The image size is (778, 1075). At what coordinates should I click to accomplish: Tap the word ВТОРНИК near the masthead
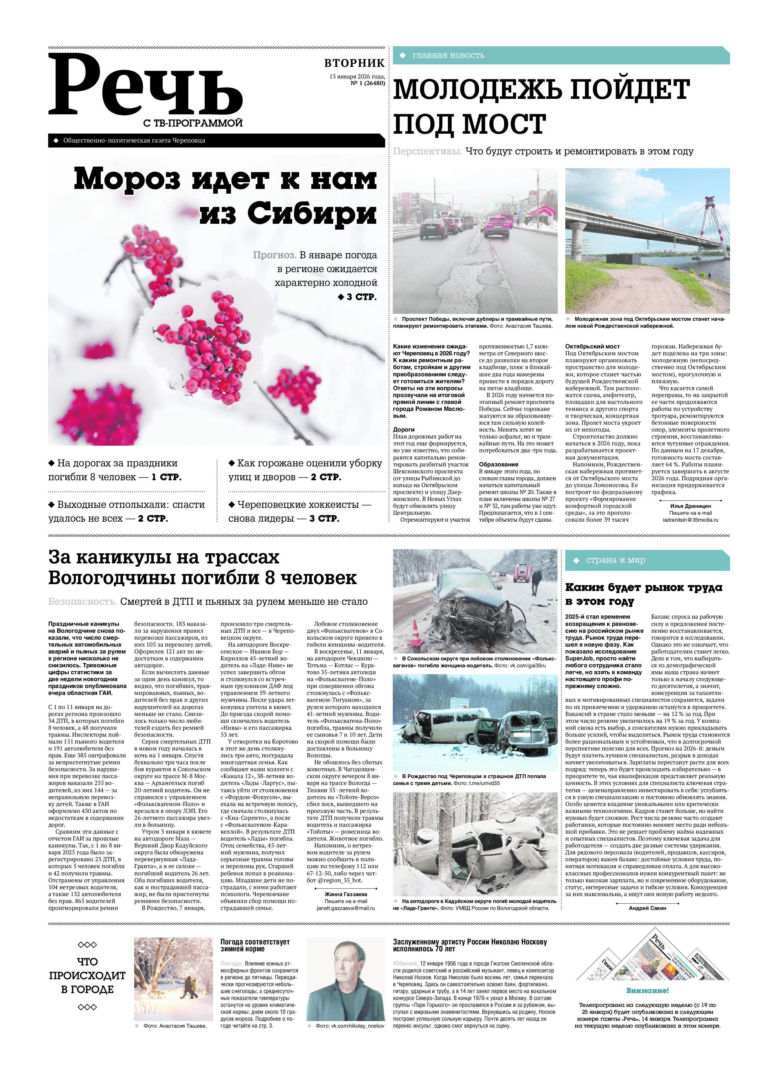point(354,63)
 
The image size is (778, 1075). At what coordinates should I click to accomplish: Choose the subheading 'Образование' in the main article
point(498,465)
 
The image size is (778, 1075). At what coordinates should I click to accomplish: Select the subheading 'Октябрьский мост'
point(592,347)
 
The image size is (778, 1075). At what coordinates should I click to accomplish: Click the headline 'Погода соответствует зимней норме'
point(255,946)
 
